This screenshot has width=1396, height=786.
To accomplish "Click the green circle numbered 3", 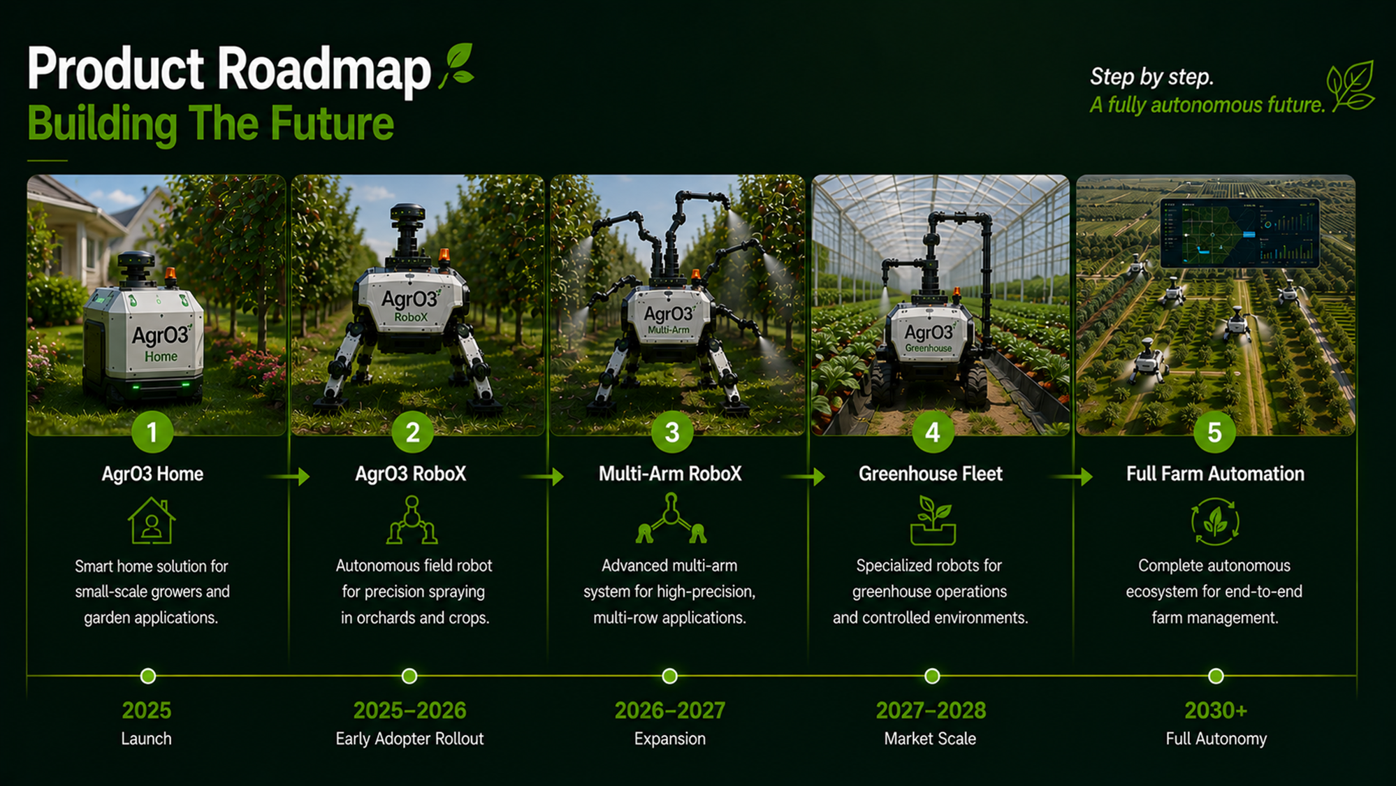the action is [x=671, y=432].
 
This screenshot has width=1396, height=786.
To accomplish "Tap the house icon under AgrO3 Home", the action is [x=152, y=521].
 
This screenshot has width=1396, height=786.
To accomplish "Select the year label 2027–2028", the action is [x=931, y=711].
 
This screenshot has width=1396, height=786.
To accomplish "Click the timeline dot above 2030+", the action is [x=1216, y=676].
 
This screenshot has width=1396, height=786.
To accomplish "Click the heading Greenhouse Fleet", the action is [x=931, y=474].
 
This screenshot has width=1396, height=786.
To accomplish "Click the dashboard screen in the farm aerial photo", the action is [x=1239, y=233].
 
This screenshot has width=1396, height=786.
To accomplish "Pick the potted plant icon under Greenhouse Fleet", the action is [x=933, y=521].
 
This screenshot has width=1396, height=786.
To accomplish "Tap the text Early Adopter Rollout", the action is [x=409, y=738].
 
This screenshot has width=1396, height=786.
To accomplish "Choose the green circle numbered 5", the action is [x=1214, y=432].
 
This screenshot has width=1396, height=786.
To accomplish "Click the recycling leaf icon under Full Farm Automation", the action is [x=1215, y=521].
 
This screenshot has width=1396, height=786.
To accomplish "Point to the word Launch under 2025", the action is [x=146, y=738].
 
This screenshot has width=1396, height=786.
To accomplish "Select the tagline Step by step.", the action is [x=1151, y=77].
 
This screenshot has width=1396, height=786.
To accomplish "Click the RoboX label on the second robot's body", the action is [x=411, y=317].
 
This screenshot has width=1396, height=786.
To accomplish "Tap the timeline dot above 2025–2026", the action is [x=409, y=676].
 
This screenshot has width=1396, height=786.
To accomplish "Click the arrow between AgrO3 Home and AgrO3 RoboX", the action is [x=288, y=476].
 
